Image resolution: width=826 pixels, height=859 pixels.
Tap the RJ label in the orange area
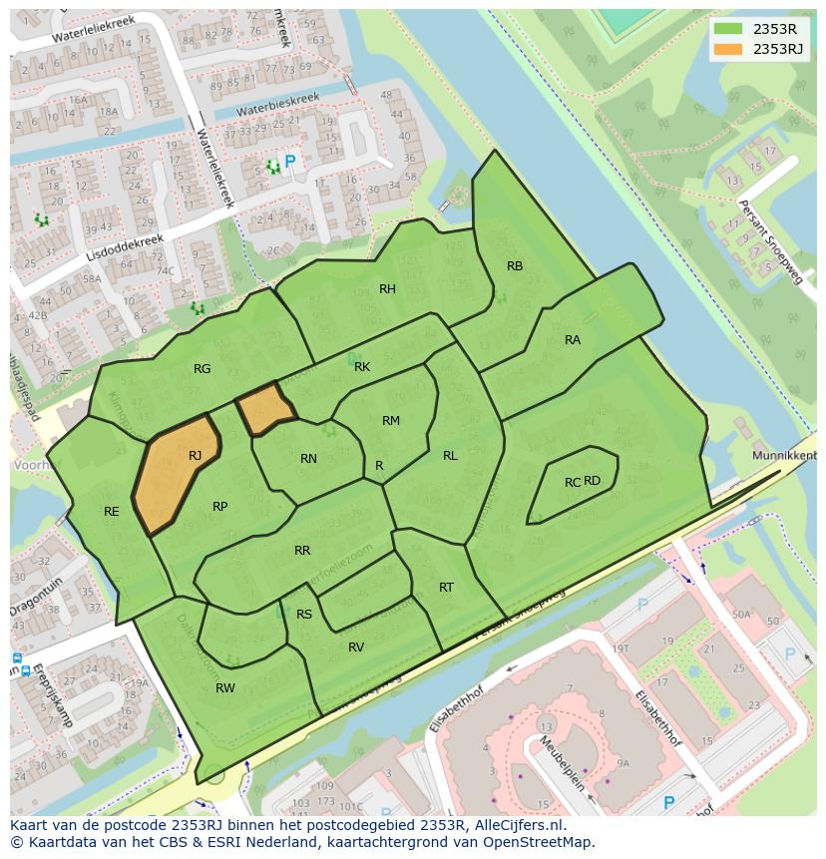196,456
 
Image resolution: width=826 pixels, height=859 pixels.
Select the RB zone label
515,266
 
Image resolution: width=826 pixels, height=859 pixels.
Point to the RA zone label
573,340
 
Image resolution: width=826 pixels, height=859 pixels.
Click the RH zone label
387,289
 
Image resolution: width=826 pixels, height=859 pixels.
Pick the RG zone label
203,369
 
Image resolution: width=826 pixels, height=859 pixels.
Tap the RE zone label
112,512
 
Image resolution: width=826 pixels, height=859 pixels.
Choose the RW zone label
225,688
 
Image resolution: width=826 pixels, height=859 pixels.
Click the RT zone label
446,588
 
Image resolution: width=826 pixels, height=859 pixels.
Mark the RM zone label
391,421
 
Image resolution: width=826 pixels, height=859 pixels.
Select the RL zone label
450,456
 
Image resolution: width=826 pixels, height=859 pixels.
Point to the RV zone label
356,647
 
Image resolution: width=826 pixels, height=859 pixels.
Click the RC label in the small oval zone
572,483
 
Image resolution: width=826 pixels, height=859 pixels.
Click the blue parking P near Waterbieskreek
290,162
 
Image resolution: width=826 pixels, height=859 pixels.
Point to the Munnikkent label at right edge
784,455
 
